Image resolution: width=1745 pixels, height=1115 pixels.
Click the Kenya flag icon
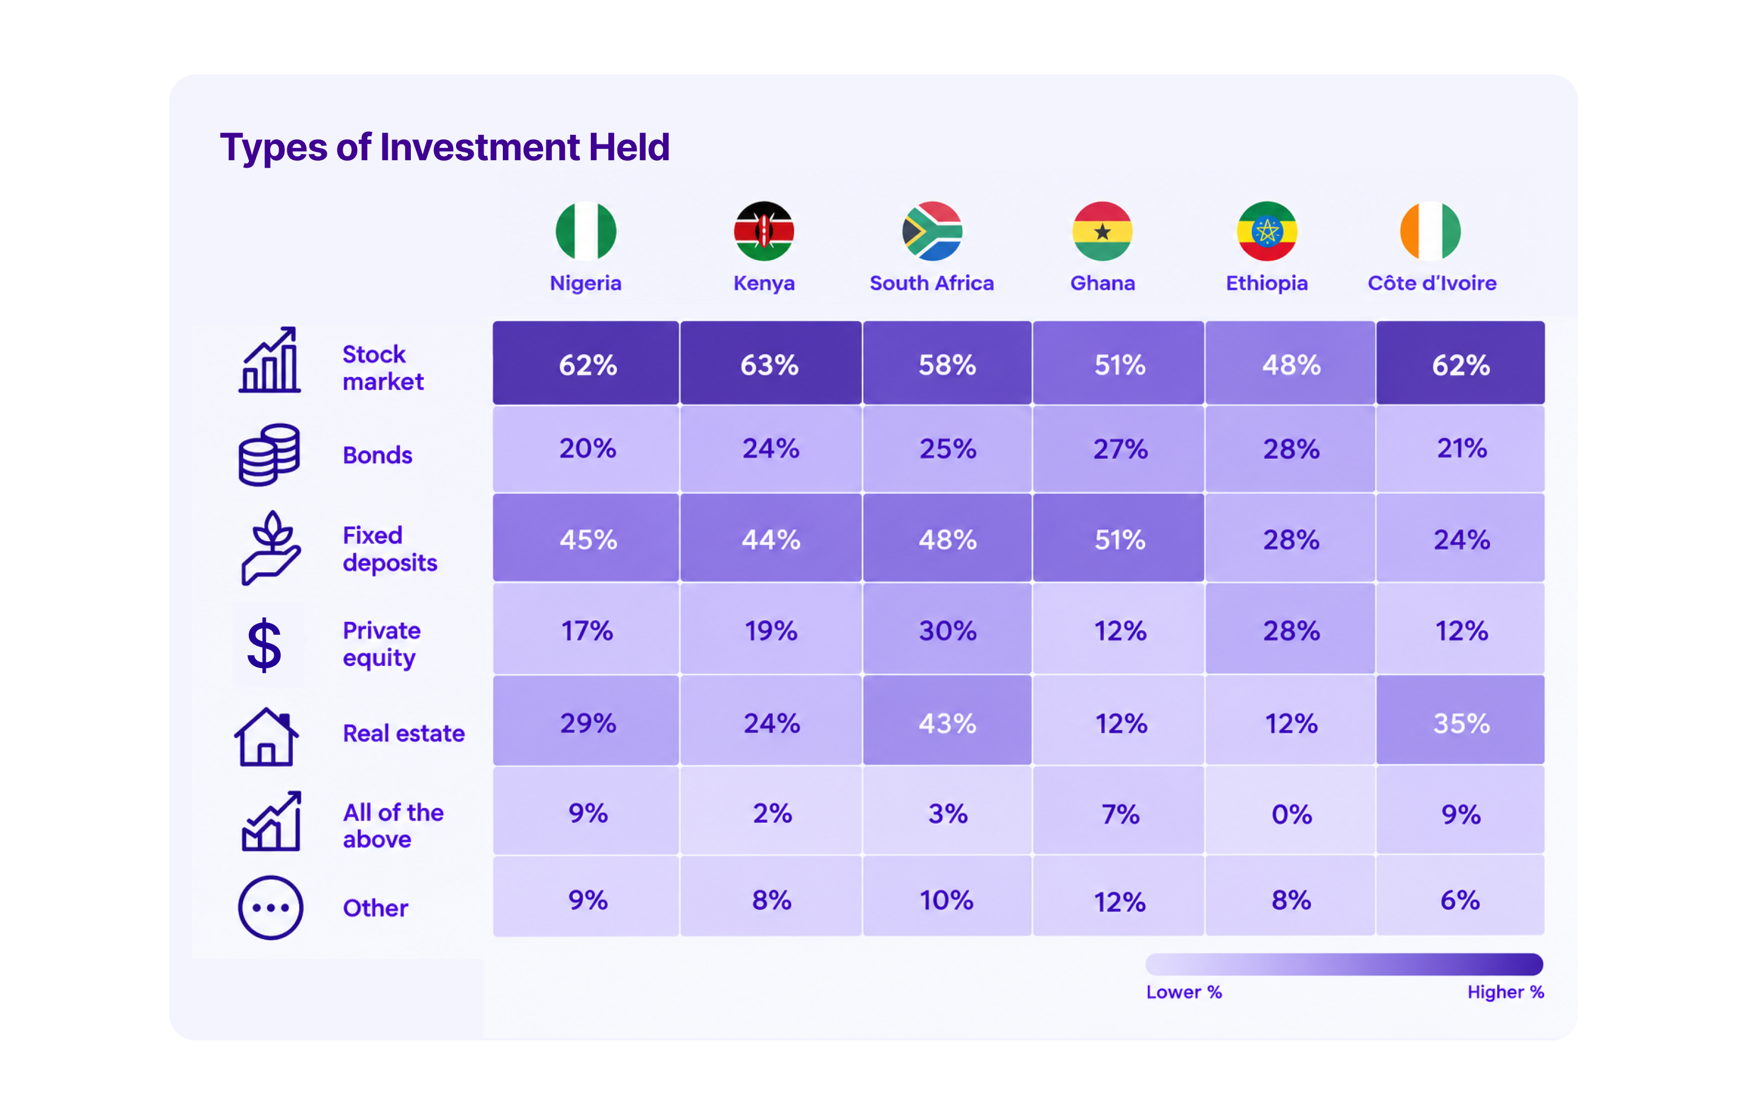(x=764, y=231)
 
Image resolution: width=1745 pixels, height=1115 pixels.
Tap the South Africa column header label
(x=931, y=283)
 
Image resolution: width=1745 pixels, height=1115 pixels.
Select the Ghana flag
(x=1102, y=231)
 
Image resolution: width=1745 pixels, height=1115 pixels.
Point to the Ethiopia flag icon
(x=1267, y=231)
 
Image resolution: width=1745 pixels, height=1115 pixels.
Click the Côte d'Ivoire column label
(x=1432, y=283)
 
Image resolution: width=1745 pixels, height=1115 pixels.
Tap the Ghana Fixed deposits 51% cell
(x=1119, y=538)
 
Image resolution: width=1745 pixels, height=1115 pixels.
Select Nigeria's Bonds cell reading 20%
(x=586, y=449)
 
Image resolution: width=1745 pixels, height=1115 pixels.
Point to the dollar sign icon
(x=265, y=645)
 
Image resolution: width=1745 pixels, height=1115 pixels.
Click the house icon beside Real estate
(x=266, y=737)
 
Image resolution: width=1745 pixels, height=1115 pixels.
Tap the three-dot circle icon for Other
(x=270, y=908)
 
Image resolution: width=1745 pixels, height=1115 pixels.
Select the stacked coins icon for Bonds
(x=269, y=454)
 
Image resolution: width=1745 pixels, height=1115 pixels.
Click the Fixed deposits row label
(x=390, y=549)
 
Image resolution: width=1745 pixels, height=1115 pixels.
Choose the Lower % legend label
(x=1184, y=992)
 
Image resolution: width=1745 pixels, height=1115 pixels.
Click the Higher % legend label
(x=1506, y=992)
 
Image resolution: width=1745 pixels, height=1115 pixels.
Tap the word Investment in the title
(x=480, y=147)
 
